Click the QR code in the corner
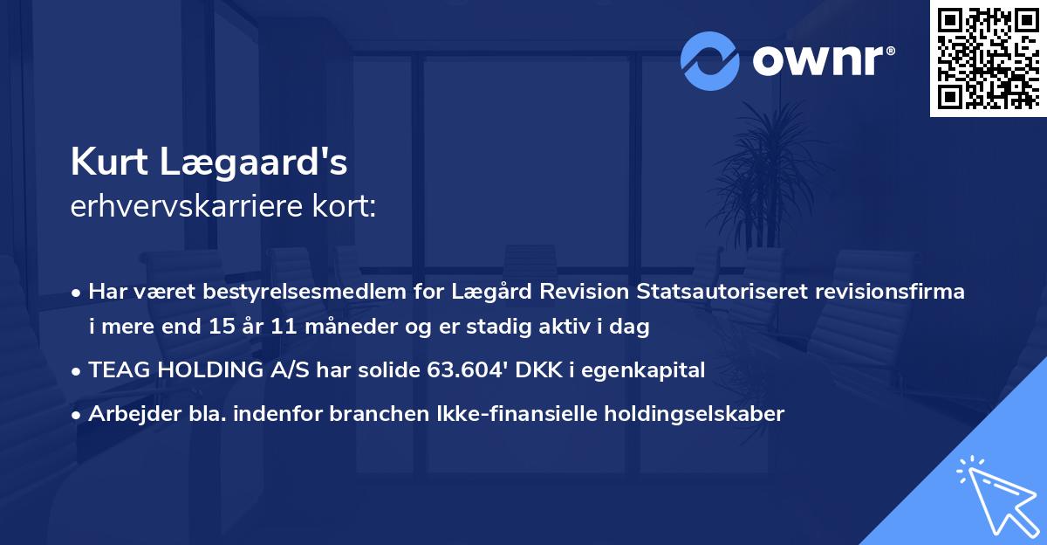click(988, 58)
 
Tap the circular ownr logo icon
click(709, 61)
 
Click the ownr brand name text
click(821, 61)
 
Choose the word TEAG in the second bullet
click(115, 370)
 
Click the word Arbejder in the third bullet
click(127, 414)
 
